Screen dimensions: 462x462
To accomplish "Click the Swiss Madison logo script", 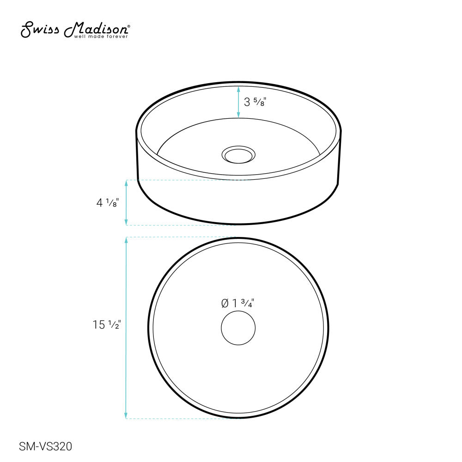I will click(74, 30).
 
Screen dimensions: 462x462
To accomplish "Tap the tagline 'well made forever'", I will click(101, 36).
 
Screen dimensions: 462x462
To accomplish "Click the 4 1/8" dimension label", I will click(108, 202).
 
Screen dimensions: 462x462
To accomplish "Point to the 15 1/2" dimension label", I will click(106, 325).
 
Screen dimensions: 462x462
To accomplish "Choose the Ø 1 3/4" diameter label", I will click(238, 304).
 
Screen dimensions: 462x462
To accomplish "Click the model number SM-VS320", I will click(45, 446).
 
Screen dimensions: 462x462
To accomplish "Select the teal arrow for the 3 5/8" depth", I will click(238, 102).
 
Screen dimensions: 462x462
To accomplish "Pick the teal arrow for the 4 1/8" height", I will click(126, 202).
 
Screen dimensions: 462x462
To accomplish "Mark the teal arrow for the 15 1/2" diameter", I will click(126, 328).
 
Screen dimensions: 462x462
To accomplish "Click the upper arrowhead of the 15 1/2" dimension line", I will click(126, 240).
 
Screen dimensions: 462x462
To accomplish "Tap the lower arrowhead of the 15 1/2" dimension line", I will click(126, 416).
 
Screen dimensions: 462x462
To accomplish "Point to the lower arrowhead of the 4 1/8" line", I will click(126, 222).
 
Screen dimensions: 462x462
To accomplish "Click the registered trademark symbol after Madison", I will click(128, 26).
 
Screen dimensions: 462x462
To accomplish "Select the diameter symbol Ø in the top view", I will click(225, 304).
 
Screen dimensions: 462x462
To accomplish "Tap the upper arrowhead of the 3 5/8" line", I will click(238, 89).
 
